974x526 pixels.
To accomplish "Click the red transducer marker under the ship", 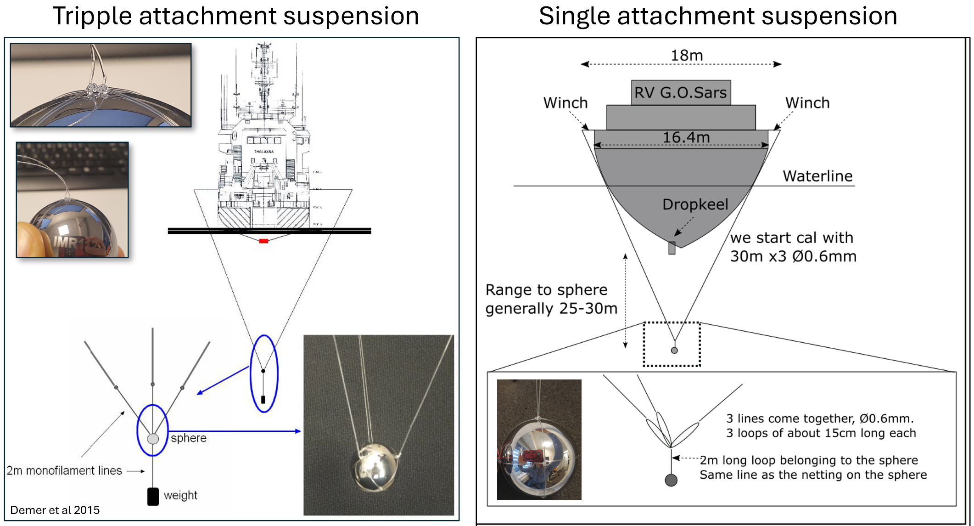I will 263,241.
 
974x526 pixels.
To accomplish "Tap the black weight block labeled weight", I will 153,497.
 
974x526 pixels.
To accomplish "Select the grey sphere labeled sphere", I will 153,439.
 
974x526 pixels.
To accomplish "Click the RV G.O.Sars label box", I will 680,93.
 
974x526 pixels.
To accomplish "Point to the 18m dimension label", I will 687,56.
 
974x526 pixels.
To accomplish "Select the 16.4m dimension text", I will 686,137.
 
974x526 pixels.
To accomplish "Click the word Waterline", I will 817,176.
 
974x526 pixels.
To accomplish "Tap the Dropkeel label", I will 695,204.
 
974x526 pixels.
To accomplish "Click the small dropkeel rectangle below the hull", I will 672,248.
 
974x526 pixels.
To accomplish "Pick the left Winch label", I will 565,103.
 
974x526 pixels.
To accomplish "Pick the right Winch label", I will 807,103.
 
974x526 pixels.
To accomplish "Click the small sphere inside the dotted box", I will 674,351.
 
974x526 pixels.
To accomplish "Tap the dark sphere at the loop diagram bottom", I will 671,481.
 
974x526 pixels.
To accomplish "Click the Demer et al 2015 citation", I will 55,510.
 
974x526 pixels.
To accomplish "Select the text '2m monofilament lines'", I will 64,471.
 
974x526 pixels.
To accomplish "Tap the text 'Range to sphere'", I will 546,290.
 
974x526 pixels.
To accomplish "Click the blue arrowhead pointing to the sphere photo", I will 298,431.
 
